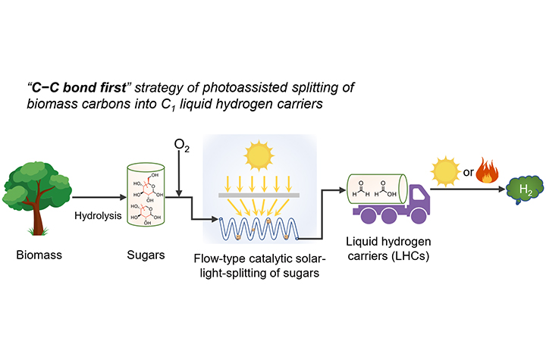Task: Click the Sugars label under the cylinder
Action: [146, 255]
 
